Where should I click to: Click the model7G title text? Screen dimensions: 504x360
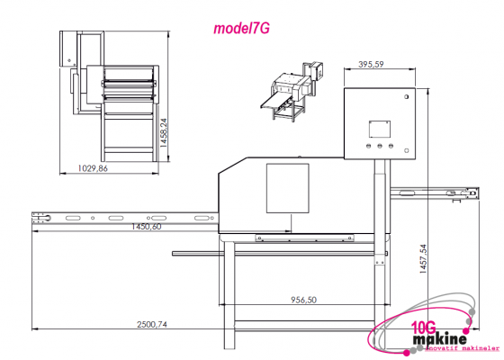pos(241,29)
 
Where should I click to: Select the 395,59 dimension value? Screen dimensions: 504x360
pos(371,64)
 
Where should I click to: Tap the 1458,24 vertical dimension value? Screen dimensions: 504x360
pos(164,133)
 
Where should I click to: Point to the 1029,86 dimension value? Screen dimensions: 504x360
pos(93,168)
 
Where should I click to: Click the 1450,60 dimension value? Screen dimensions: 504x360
pos(147,227)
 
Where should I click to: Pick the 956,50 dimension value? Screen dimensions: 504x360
pos(304,300)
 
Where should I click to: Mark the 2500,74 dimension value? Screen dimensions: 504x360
pos(152,324)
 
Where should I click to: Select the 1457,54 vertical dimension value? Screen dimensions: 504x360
pos(423,259)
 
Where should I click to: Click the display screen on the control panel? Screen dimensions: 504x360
pos(380,130)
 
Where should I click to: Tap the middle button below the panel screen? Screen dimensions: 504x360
pos(380,146)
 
